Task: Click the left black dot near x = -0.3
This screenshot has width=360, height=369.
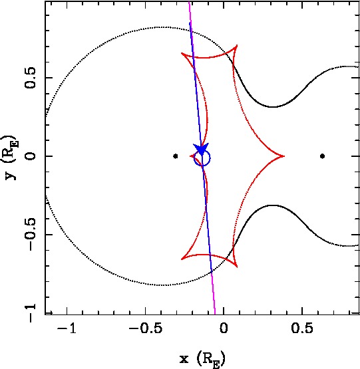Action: tap(175, 156)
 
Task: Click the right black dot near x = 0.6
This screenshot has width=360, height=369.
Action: tap(323, 156)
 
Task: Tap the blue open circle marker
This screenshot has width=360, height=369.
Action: tap(202, 158)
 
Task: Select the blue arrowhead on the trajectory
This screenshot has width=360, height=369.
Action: tap(201, 149)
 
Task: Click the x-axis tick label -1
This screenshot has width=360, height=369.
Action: tap(67, 328)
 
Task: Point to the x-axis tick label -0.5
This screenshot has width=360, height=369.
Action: tap(145, 328)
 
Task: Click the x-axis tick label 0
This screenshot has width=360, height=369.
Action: tap(224, 328)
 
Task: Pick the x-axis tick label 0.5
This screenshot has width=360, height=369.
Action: tap(302, 328)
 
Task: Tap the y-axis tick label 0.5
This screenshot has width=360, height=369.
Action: tap(30, 78)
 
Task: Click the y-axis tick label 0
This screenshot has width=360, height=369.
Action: tap(30, 156)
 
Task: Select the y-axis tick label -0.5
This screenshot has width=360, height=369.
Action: tap(30, 234)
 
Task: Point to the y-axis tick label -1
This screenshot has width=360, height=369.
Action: tap(30, 312)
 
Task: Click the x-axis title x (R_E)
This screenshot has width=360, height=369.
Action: tap(202, 359)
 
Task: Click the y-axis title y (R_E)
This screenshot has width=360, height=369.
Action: tap(11, 158)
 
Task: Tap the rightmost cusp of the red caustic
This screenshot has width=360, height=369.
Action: tap(284, 156)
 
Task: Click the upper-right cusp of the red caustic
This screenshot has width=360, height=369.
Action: tap(237, 45)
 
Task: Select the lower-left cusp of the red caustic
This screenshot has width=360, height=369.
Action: tap(181, 259)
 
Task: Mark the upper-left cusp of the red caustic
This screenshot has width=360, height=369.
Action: tap(181, 53)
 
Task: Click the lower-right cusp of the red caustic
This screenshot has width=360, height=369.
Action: tap(237, 267)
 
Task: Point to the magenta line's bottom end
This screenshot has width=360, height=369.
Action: tap(215, 314)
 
